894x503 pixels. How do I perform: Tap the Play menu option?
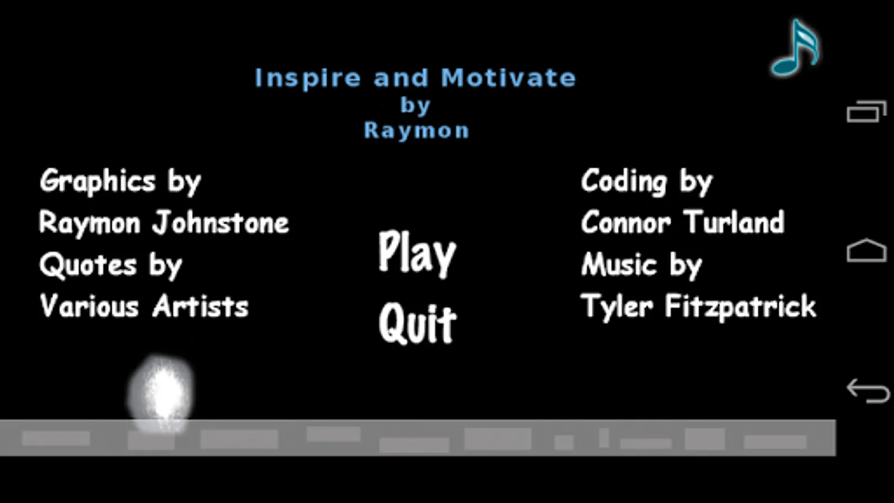[x=417, y=254]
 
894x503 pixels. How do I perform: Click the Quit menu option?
[x=417, y=324]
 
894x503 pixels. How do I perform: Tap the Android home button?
[x=867, y=251]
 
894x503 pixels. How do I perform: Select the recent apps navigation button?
[x=867, y=111]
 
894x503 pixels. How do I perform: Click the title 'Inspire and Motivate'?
[x=416, y=78]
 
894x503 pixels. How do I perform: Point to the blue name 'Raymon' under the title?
[x=416, y=131]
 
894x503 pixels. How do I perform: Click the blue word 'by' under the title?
[x=416, y=106]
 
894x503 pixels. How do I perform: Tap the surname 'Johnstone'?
[x=221, y=222]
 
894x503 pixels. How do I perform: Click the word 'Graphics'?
[x=98, y=181]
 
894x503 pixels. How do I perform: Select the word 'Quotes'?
[x=88, y=265]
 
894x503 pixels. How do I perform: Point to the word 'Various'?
[x=89, y=306]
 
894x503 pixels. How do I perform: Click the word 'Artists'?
[x=201, y=306]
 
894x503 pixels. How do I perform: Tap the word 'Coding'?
[x=624, y=181]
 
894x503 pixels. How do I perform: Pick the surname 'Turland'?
[x=734, y=222]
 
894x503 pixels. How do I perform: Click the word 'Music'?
[x=619, y=264]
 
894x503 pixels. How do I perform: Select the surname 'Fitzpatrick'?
[x=741, y=307]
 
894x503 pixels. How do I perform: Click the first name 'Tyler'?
[x=617, y=307]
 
